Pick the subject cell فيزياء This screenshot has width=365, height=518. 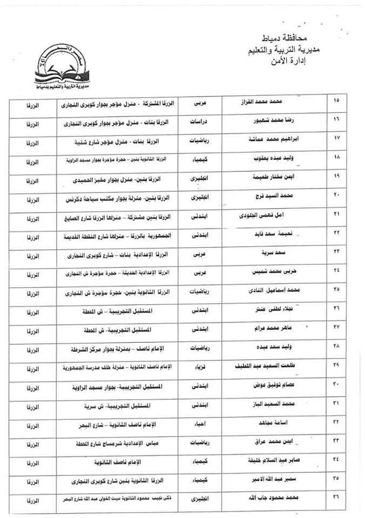tap(205, 367)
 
